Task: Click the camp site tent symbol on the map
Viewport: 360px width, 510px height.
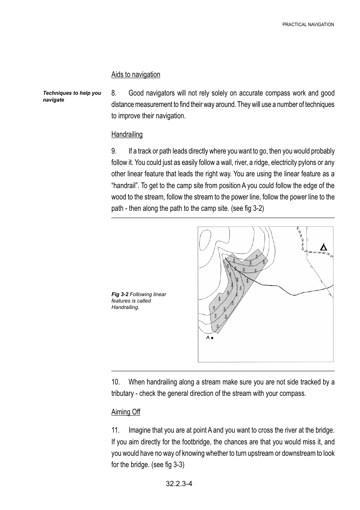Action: (x=323, y=248)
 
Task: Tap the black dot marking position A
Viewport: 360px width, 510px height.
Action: (x=212, y=338)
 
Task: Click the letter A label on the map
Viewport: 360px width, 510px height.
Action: (x=208, y=337)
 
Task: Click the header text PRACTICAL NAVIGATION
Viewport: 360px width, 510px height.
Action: (x=308, y=25)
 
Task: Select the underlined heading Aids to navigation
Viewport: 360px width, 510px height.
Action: (x=136, y=74)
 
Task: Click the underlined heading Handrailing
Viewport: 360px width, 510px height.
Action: (x=127, y=134)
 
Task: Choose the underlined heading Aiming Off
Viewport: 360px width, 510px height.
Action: (x=126, y=412)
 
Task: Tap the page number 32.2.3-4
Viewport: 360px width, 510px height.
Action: (x=179, y=483)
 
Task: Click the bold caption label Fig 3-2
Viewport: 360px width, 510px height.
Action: (x=120, y=294)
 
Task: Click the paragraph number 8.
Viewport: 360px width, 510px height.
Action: (x=114, y=93)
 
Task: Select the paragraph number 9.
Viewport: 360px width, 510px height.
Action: (x=114, y=151)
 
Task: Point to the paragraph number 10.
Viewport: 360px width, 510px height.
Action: (x=116, y=382)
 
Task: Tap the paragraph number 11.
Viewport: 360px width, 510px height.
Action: (x=116, y=430)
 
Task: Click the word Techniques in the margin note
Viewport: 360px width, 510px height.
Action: (x=56, y=93)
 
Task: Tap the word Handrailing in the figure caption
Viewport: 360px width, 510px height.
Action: (x=125, y=307)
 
